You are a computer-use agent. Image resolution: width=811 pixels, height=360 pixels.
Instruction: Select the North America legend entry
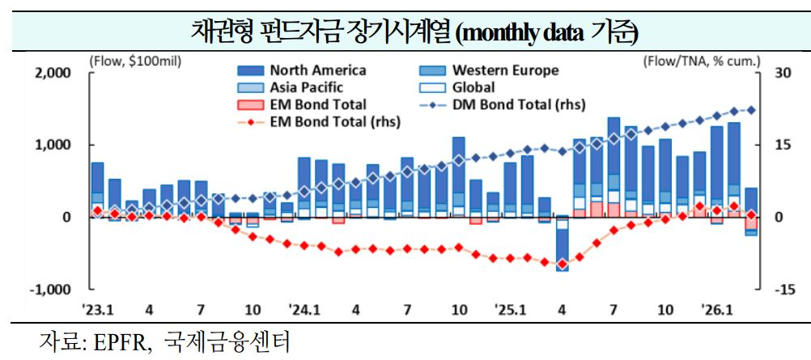[318, 71]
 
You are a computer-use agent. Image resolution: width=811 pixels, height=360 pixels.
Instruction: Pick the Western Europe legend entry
[505, 71]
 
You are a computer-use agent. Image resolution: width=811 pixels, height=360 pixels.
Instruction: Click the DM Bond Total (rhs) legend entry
[518, 104]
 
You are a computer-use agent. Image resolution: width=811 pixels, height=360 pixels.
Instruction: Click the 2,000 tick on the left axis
[54, 73]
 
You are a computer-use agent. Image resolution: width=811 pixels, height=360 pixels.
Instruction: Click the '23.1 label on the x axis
[97, 310]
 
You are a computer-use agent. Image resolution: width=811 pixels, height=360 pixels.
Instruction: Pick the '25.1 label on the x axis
[511, 310]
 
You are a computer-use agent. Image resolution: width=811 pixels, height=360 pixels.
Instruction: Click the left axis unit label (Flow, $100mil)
[135, 59]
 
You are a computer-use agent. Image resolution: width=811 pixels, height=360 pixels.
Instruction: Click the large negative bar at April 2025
[562, 244]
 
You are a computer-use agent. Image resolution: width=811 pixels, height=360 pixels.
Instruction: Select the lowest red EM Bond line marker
[562, 264]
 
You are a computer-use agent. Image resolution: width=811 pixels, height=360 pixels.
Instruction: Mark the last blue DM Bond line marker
[751, 110]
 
